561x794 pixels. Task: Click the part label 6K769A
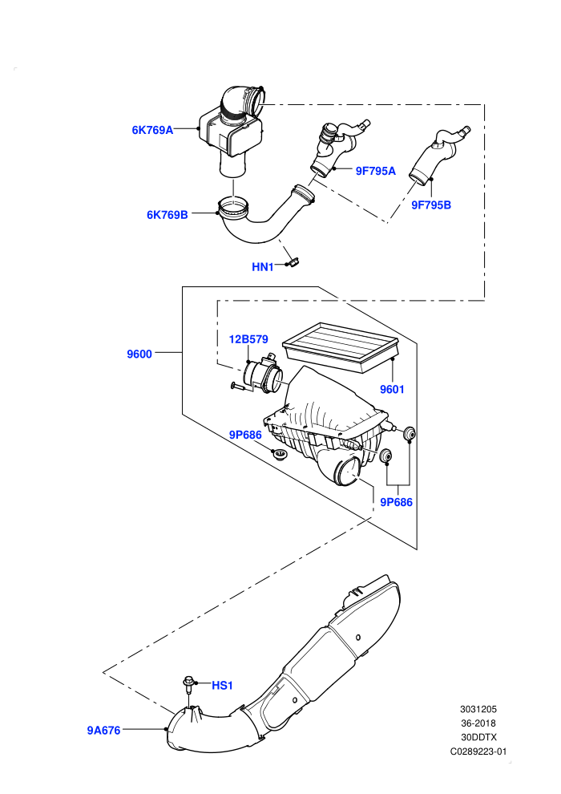tap(152, 130)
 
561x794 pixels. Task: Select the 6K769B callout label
tap(167, 215)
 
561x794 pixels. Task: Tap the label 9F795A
tap(375, 171)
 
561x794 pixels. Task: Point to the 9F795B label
tap(431, 205)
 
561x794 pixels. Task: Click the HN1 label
tap(263, 267)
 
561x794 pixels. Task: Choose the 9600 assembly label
tap(139, 354)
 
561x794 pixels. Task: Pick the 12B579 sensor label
tap(248, 339)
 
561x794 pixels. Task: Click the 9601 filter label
tap(392, 390)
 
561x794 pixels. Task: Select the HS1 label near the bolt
tap(222, 686)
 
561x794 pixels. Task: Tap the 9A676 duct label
tap(103, 730)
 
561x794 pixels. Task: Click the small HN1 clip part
tap(293, 262)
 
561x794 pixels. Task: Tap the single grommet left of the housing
tap(279, 454)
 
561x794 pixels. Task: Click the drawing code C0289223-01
tap(478, 751)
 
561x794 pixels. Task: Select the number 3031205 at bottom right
tap(478, 710)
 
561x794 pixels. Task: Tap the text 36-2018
tap(478, 723)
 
